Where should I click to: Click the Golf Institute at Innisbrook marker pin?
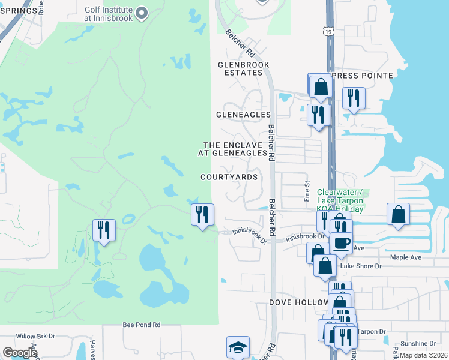click(x=142, y=13)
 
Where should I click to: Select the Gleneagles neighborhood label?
click(x=243, y=114)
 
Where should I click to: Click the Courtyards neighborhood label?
click(x=229, y=177)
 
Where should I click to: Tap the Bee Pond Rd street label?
click(x=142, y=325)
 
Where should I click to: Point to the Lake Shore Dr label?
click(x=361, y=266)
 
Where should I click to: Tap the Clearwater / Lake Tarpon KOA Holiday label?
click(x=340, y=200)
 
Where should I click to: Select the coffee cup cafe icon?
click(x=342, y=244)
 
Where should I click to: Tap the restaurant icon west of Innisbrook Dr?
click(x=202, y=214)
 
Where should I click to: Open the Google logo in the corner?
click(x=20, y=353)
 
